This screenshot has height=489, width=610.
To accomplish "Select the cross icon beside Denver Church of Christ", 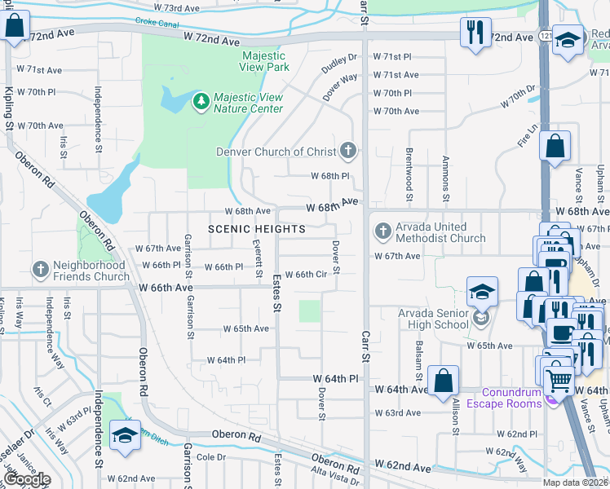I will (x=349, y=151).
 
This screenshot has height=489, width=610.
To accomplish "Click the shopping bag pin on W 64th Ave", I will (x=443, y=381).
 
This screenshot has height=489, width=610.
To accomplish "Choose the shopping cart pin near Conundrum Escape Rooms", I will (x=559, y=379).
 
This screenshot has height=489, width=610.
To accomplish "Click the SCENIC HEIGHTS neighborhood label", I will (x=256, y=229).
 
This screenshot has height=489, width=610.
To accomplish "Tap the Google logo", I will (x=27, y=479).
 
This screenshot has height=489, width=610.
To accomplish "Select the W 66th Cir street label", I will (x=305, y=275).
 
